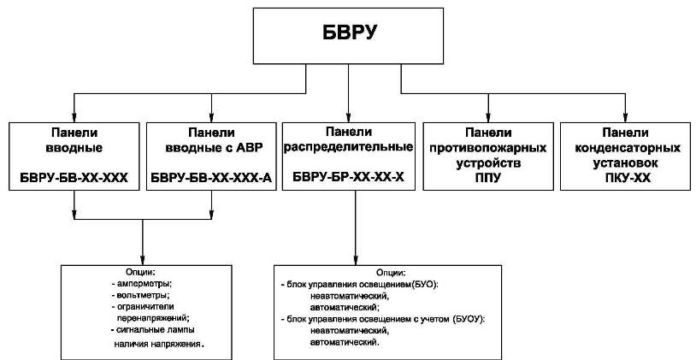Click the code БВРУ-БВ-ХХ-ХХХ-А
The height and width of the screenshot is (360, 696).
click(x=210, y=180)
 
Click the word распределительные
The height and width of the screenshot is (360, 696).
click(x=348, y=146)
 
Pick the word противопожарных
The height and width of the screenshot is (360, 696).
click(x=487, y=148)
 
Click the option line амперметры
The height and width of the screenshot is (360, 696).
click(x=146, y=281)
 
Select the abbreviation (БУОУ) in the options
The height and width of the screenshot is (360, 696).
click(x=469, y=318)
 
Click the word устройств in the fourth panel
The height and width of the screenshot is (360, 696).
click(x=487, y=162)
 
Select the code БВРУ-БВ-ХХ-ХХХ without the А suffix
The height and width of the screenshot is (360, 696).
click(x=74, y=180)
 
